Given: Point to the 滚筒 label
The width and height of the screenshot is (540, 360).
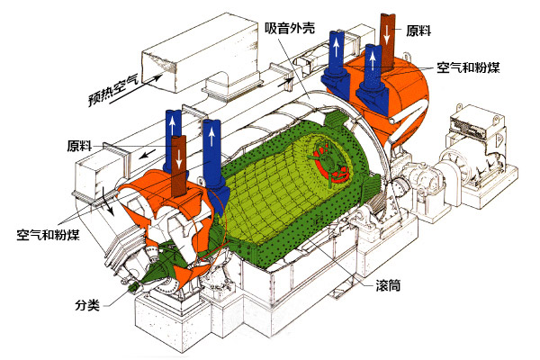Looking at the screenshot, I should tap(387, 285).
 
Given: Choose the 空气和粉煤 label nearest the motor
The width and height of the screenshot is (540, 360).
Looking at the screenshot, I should tap(468, 67).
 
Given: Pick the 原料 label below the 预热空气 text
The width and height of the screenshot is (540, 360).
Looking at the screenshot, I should tap(82, 145).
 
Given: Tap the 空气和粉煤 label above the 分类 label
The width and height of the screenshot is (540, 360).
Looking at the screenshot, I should tap(48, 237).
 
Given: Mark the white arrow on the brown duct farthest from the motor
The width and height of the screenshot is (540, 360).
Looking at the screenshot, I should tap(179, 160).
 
